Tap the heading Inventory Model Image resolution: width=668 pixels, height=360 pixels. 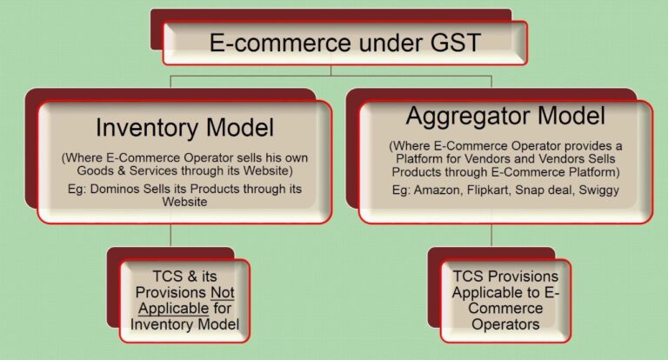pyautogui.click(x=184, y=128)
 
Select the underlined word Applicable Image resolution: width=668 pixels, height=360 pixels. pyautogui.click(x=160, y=308)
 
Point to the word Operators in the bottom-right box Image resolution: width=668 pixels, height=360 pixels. pyautogui.click(x=505, y=323)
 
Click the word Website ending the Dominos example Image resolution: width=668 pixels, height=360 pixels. pyautogui.click(x=184, y=203)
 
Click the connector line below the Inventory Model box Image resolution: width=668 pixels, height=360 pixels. pyautogui.click(x=170, y=235)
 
